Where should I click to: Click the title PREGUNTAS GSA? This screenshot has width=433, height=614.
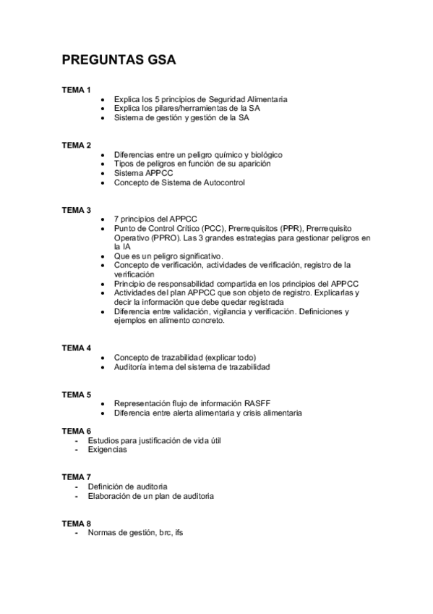[x=119, y=59]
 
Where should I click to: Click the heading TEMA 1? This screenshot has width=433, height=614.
[x=76, y=90]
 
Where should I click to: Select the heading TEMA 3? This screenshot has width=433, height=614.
[x=76, y=210]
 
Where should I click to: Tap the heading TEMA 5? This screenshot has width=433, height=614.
[x=76, y=395]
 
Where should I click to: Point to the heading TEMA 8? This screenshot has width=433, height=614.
[x=76, y=523]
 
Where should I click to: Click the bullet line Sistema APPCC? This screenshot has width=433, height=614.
[x=143, y=174]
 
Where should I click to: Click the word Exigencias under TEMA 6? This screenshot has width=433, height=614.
[x=107, y=450]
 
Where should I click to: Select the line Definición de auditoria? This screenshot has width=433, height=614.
[x=127, y=487]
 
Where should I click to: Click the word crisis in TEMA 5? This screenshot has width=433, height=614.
[x=245, y=413]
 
